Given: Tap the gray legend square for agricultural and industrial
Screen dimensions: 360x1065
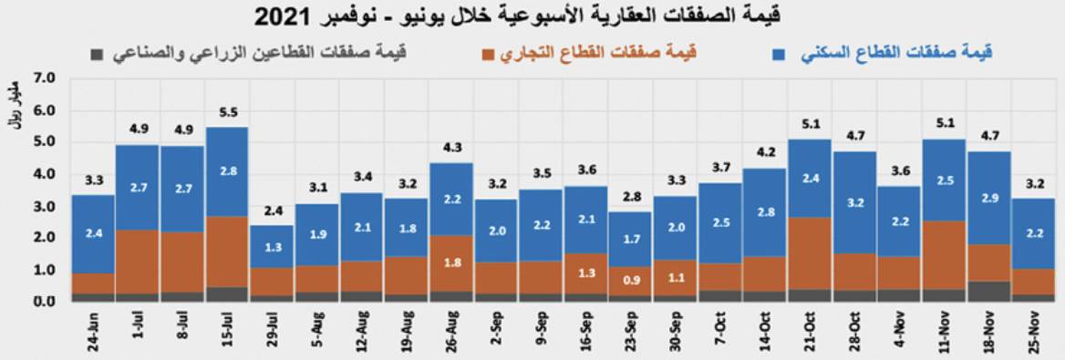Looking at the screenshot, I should click(x=95, y=54).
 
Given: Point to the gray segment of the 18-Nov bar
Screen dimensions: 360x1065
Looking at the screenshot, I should click(x=988, y=291).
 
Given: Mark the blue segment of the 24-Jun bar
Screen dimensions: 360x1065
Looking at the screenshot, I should click(x=93, y=234).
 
